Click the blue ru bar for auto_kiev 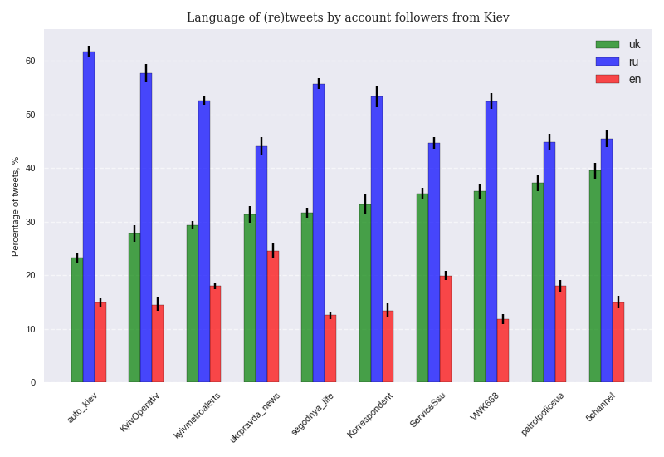[x=89, y=217]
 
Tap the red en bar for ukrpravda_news [x=273, y=317]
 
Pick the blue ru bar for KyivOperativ [x=146, y=228]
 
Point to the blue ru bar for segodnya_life [x=319, y=233]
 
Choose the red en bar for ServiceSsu [x=446, y=329]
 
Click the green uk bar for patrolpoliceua [x=538, y=283]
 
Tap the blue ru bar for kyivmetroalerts [x=204, y=242]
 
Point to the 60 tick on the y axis [x=30, y=61]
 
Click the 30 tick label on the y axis [x=30, y=222]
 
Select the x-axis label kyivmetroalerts [x=198, y=416]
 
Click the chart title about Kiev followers [x=348, y=17]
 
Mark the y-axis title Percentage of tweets [x=16, y=206]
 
